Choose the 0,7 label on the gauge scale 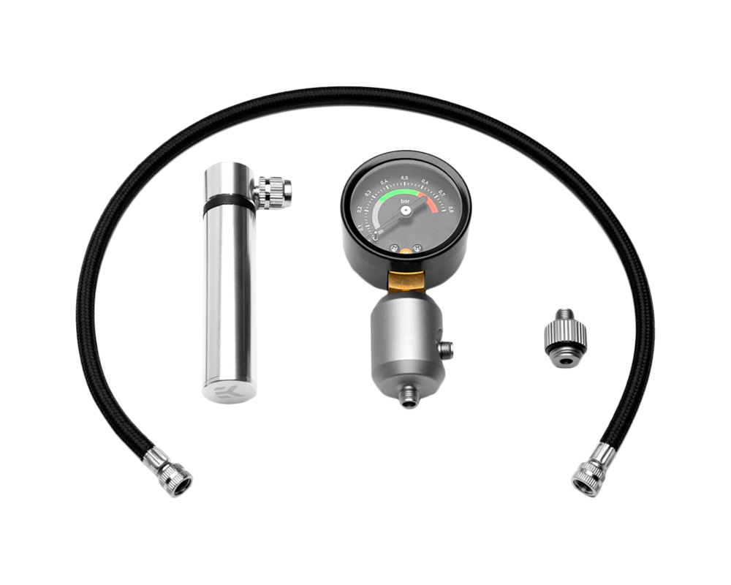pyautogui.click(x=442, y=195)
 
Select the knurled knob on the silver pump pyautogui.click(x=275, y=193)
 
